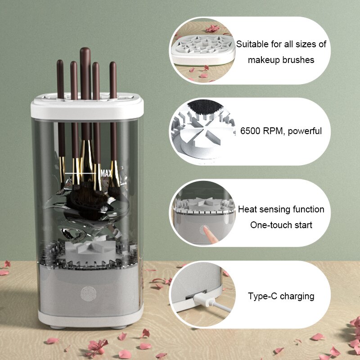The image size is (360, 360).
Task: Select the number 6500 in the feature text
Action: coord(250,131)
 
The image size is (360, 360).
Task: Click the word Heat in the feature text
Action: coord(247,209)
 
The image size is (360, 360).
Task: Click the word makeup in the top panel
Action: coord(266,60)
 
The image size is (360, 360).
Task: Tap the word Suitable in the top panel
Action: coord(252,44)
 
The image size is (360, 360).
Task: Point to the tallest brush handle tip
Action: coord(85,50)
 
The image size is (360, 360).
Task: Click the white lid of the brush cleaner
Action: coord(87,108)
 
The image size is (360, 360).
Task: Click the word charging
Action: coord(298,296)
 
